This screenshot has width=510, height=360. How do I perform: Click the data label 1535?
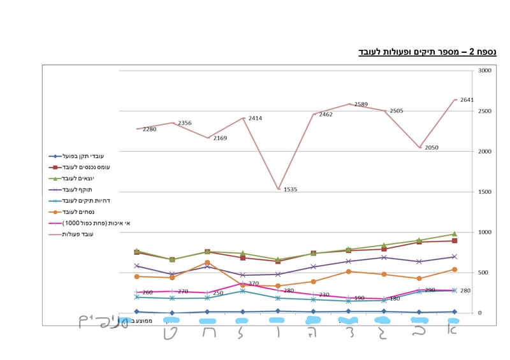(x=291, y=189)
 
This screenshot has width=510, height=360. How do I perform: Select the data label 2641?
(x=467, y=99)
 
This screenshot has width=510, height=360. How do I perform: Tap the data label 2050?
(x=432, y=147)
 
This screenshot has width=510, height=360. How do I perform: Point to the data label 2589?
(x=361, y=104)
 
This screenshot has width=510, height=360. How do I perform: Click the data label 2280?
(x=149, y=129)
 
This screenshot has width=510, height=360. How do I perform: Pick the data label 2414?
(x=255, y=118)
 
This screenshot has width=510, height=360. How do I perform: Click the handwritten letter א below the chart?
(x=451, y=330)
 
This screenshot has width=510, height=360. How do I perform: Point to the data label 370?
(x=253, y=284)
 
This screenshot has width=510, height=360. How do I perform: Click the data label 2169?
(x=220, y=138)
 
